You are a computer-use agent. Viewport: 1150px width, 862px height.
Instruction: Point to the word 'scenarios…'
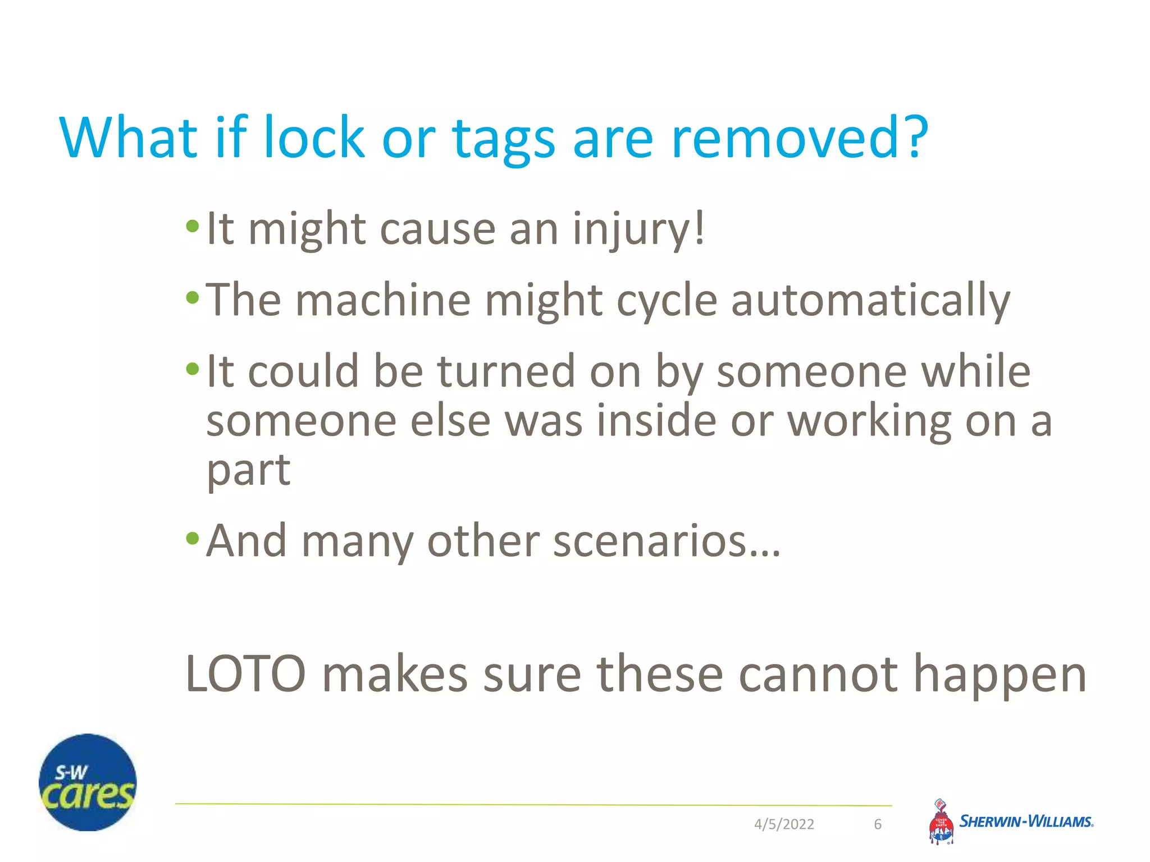tap(667, 542)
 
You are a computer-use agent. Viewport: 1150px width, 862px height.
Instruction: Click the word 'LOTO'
tap(245, 674)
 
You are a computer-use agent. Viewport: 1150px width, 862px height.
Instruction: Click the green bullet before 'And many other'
tap(193, 539)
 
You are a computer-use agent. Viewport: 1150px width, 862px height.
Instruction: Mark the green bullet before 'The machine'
tap(193, 298)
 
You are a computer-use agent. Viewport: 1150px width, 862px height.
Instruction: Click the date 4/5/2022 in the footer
tap(784, 824)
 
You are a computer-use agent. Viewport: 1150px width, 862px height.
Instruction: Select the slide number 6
tap(878, 824)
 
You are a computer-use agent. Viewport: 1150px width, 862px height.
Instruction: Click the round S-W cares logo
tap(88, 782)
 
